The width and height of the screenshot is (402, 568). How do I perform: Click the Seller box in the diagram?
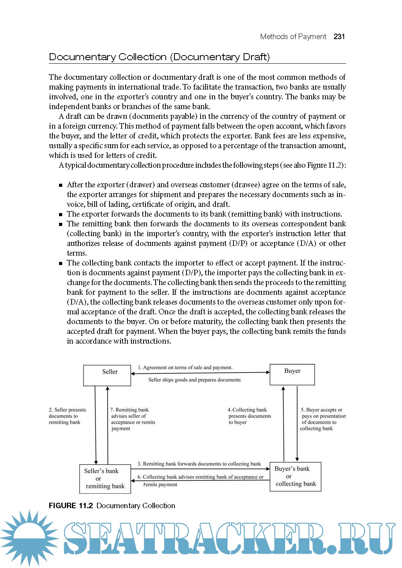coord(107,375)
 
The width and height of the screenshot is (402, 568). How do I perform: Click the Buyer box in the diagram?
coord(292,374)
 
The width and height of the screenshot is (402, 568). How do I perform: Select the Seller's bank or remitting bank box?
coord(105,478)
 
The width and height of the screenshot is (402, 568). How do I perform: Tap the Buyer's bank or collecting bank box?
coord(295,477)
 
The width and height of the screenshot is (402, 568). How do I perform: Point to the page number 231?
coord(339,37)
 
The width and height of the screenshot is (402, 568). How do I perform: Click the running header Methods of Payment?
coord(293,37)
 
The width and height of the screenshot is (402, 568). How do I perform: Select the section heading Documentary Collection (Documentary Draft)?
coord(159,57)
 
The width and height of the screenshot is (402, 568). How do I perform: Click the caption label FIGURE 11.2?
coord(71,506)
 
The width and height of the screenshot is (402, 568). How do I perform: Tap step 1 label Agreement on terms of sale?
coord(185,367)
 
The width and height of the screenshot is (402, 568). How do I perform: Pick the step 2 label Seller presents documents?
coord(67,416)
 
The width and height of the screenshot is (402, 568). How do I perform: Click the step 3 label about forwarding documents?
coord(199,464)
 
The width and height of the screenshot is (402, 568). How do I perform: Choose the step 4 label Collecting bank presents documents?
coord(249,416)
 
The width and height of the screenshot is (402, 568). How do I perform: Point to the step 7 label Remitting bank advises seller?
coord(133,419)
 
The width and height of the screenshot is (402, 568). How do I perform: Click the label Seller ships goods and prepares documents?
coord(194,380)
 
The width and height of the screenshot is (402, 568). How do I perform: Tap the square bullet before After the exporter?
coord(61,185)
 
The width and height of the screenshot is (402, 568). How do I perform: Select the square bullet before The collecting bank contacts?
coord(61,263)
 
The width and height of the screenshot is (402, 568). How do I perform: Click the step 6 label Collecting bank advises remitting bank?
coord(200,480)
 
